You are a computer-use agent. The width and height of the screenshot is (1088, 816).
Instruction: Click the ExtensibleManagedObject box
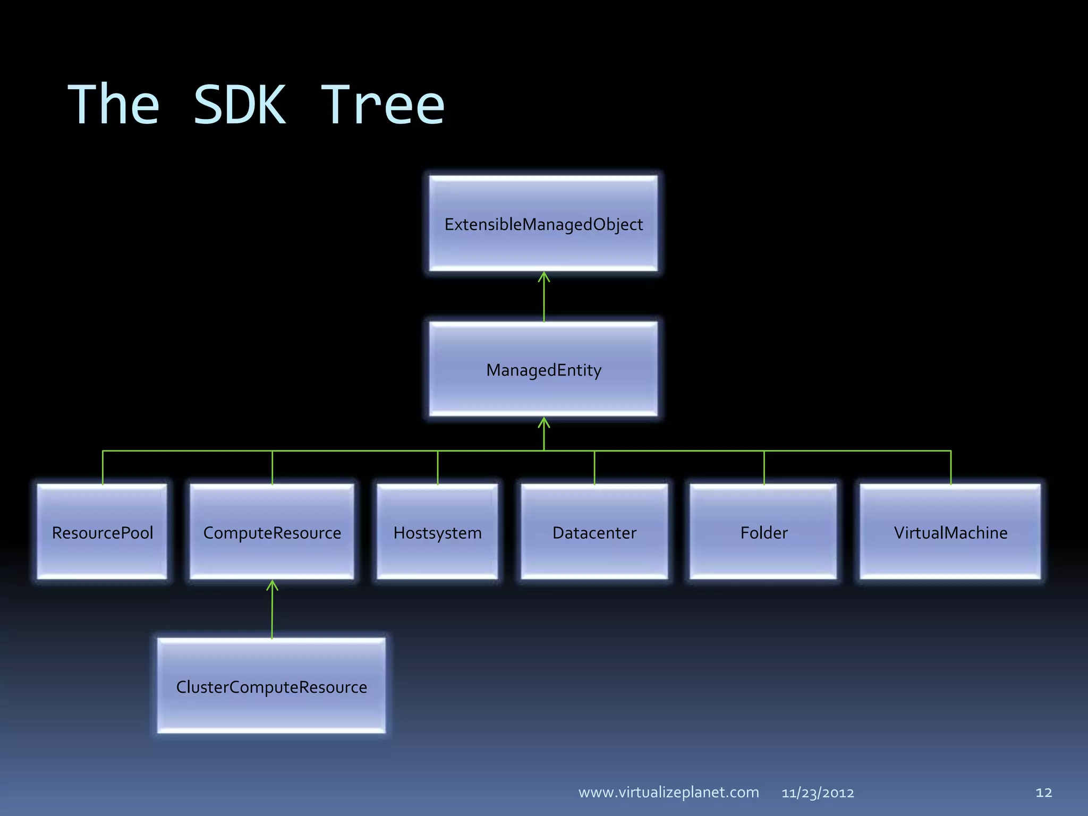543,224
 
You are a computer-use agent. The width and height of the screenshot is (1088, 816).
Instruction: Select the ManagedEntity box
543,369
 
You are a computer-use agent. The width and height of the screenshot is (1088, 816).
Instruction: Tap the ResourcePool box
102,532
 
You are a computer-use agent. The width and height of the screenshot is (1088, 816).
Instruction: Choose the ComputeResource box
272,532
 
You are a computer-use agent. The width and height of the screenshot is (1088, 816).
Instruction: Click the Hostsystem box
437,532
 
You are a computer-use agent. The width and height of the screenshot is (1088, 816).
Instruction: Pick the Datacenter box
594,532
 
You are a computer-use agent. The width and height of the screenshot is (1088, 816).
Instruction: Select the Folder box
763,532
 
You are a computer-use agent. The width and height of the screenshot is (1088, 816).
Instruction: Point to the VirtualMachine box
950,532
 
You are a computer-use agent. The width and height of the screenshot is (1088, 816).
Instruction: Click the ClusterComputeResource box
271,686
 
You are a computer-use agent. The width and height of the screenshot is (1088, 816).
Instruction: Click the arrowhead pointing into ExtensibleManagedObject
543,276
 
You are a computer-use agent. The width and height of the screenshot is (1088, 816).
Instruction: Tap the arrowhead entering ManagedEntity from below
543,422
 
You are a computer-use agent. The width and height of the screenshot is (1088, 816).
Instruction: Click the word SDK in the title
240,105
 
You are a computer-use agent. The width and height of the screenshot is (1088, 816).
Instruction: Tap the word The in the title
114,105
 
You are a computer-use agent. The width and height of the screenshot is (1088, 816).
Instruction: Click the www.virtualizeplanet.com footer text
668,792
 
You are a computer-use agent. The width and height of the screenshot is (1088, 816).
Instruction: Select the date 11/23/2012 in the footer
818,793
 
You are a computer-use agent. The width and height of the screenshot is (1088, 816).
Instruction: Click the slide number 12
1043,793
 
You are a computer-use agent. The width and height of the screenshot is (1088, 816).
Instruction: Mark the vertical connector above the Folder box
764,467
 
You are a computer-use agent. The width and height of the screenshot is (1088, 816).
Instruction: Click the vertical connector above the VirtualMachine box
950,467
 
